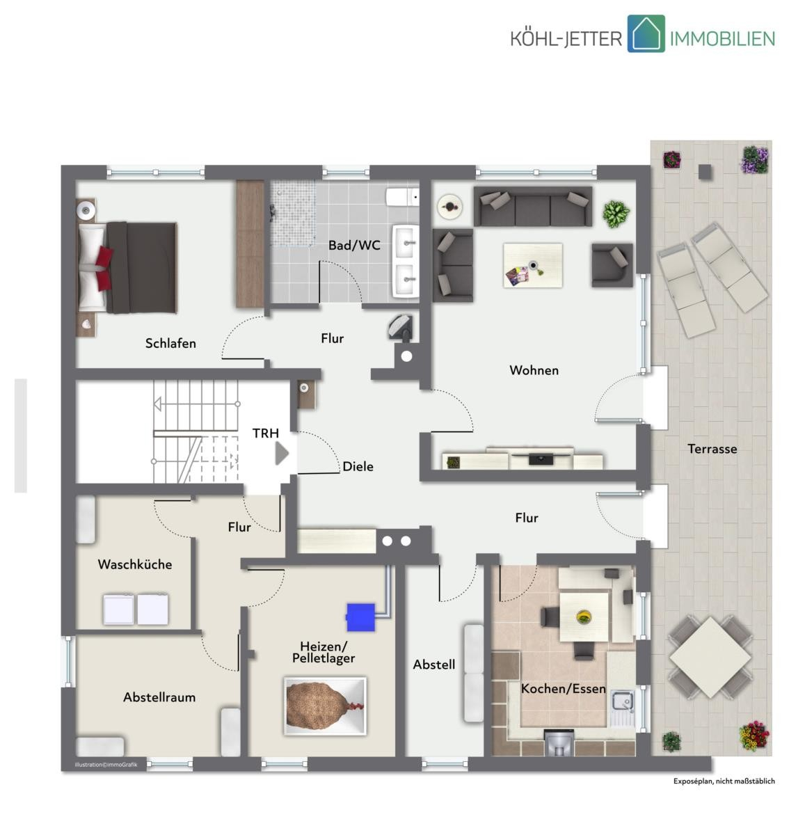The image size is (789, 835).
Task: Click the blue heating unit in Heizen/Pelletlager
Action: pos(360,617)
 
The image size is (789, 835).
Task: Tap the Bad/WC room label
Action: pos(354,245)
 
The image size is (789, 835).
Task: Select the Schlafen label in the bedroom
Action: pos(170,343)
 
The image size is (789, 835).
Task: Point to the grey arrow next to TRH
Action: pos(282,454)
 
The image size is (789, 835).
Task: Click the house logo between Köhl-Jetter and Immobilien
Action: pos(646,33)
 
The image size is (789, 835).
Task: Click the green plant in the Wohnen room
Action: pos(616,214)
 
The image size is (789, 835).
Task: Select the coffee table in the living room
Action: pos(533,265)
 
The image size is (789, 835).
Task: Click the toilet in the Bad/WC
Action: pos(402,197)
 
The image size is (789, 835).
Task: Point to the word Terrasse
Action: pos(712,449)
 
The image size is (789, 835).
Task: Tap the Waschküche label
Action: pos(134,564)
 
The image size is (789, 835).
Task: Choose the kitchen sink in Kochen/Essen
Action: pos(622,701)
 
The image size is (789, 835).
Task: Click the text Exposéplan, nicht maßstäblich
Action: pos(724,781)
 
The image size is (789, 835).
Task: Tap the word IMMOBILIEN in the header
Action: pos(722,39)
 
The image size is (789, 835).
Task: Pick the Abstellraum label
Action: pos(159,697)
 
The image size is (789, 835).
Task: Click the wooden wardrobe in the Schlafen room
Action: pos(250,244)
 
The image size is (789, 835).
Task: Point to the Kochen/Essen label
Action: pos(563,688)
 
